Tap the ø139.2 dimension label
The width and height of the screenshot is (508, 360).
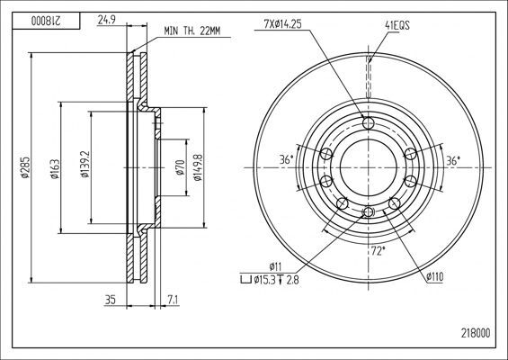pos(85,167)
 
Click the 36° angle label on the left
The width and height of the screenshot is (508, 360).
pos(287,159)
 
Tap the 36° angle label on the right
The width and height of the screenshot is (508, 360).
pos(453,159)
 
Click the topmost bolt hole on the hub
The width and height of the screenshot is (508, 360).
pos(369,123)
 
